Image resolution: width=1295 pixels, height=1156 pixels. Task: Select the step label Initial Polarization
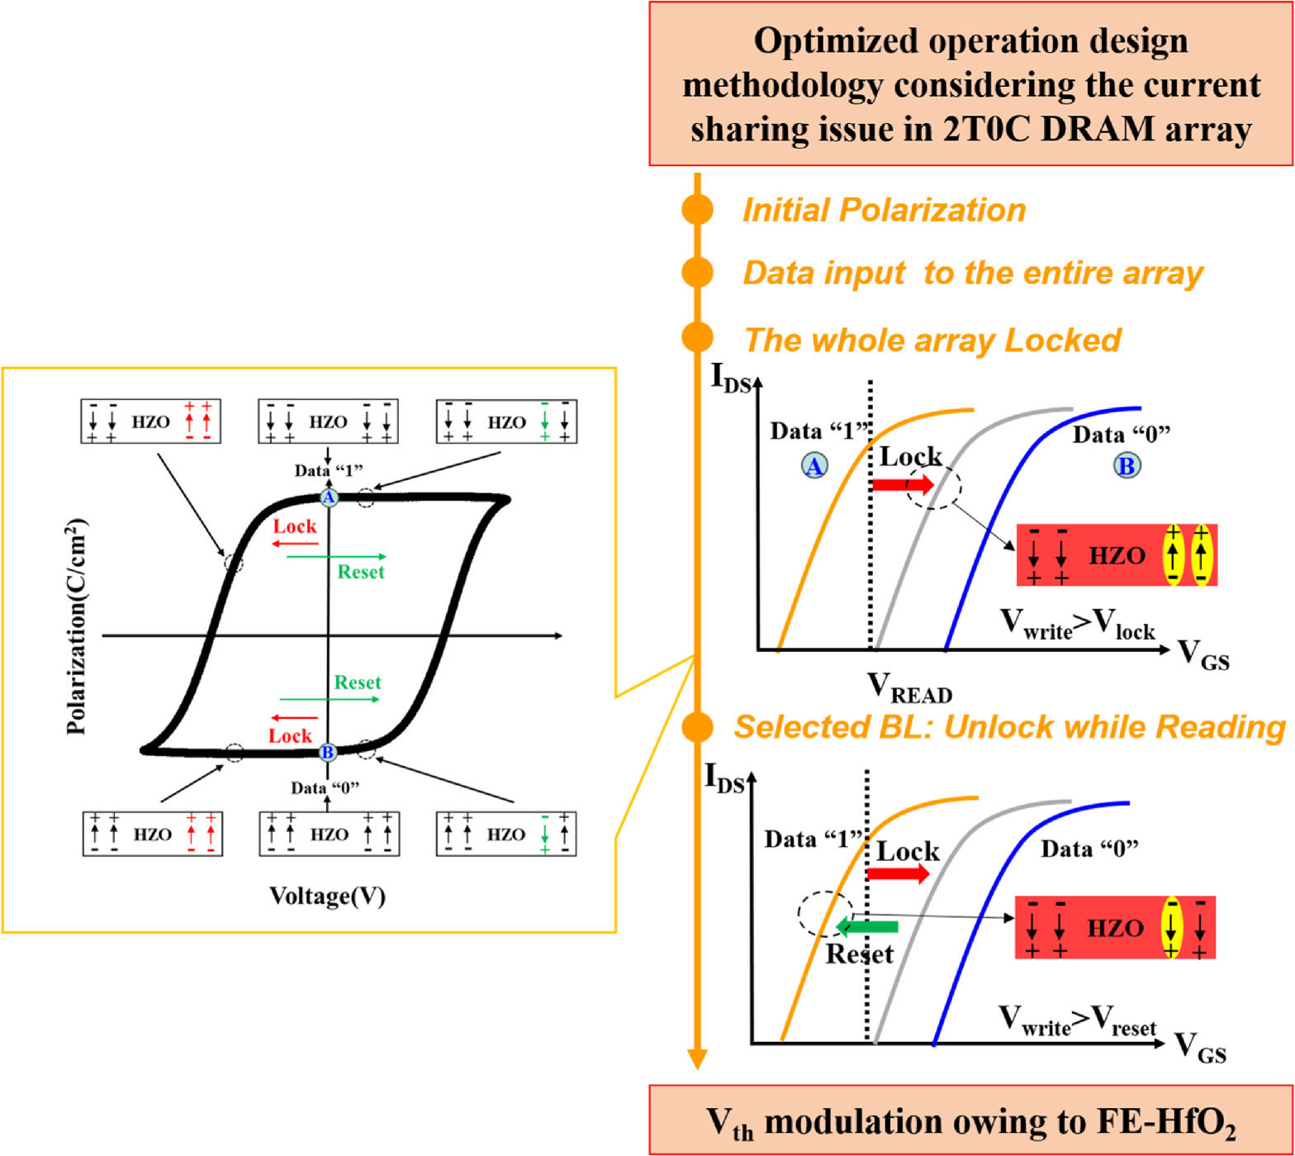884,210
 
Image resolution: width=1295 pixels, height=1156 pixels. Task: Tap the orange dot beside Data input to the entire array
698,273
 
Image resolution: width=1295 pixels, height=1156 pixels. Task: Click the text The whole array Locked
932,340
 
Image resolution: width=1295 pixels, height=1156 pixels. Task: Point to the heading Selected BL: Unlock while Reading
1009,727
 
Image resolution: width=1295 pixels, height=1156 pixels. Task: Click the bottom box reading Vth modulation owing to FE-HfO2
970,1121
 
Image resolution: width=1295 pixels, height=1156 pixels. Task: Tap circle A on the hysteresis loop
329,497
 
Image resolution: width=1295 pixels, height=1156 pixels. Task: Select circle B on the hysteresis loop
328,752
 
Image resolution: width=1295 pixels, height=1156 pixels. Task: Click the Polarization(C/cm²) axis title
76,626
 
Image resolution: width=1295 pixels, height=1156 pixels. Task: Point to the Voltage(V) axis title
327,897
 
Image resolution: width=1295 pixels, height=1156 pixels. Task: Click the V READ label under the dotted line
908,687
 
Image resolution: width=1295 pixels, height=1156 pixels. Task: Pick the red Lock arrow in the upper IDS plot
903,484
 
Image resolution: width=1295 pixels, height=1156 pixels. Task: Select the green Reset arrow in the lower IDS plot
866,926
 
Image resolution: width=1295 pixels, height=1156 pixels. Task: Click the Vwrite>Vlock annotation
1077,626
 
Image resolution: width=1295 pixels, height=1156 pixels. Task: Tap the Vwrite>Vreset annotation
1077,1021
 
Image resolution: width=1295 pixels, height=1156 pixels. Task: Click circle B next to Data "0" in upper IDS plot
1127,465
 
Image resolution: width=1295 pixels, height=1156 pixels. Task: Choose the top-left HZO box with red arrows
150,421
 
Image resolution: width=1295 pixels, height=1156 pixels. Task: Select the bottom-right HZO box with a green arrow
505,835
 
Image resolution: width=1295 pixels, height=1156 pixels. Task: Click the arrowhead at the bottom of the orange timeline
697,1058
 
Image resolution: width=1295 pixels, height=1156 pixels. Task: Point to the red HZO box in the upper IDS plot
1116,555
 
